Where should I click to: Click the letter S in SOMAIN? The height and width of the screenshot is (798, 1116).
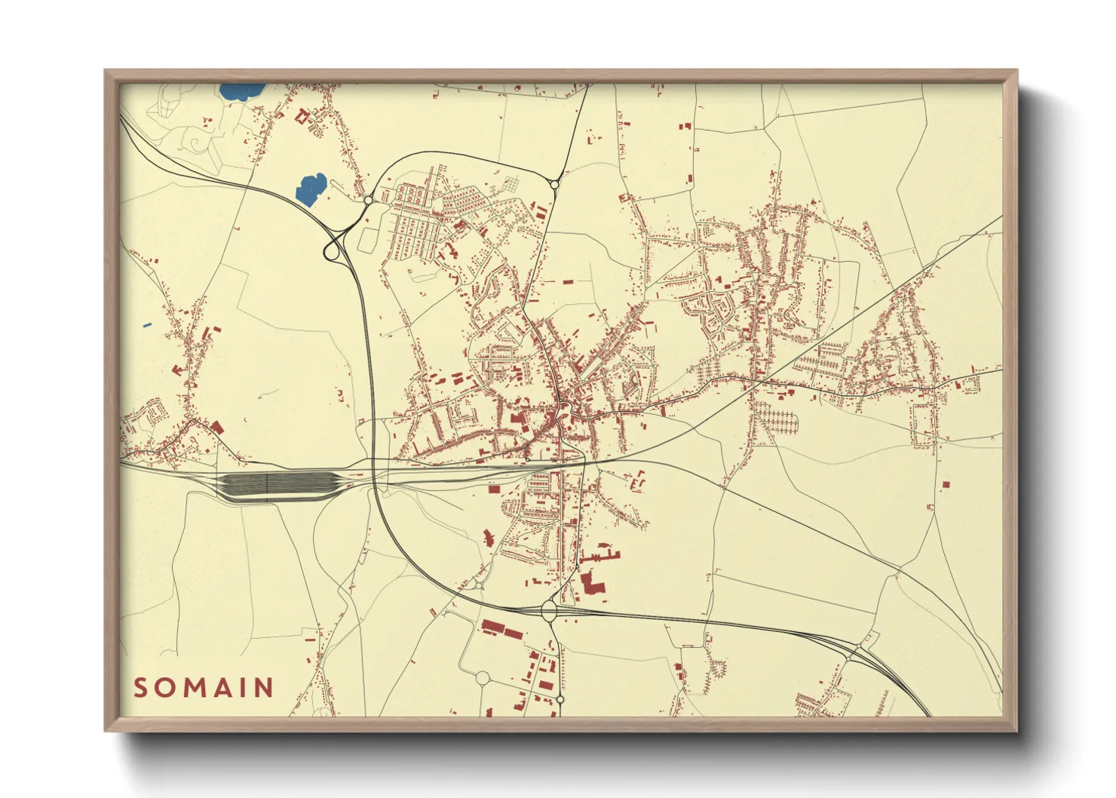141,688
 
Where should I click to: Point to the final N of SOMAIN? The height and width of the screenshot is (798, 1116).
263,688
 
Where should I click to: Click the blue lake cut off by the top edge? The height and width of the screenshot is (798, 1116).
243,91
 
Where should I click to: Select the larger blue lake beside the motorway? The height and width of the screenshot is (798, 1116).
310,189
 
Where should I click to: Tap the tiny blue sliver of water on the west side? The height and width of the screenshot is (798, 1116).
147,325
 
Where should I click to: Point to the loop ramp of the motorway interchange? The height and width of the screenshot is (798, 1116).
331,250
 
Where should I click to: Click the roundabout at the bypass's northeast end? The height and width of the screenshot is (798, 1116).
555,184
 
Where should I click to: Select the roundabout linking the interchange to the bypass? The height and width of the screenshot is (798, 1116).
367,200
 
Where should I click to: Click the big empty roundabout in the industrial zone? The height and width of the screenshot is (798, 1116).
483,678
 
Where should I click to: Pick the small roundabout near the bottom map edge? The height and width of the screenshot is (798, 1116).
560,700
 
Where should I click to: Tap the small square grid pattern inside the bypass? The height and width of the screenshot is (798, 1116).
513,183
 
